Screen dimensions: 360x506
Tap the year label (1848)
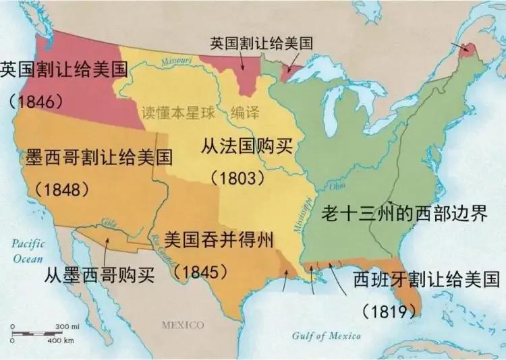pyautogui.click(x=63, y=189)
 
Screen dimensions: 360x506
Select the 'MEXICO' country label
pyautogui.click(x=182, y=326)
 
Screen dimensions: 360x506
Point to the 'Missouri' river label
pyautogui.click(x=177, y=60)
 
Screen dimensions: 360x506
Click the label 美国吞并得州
pyautogui.click(x=219, y=240)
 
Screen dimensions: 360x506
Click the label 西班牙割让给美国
pyautogui.click(x=426, y=280)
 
